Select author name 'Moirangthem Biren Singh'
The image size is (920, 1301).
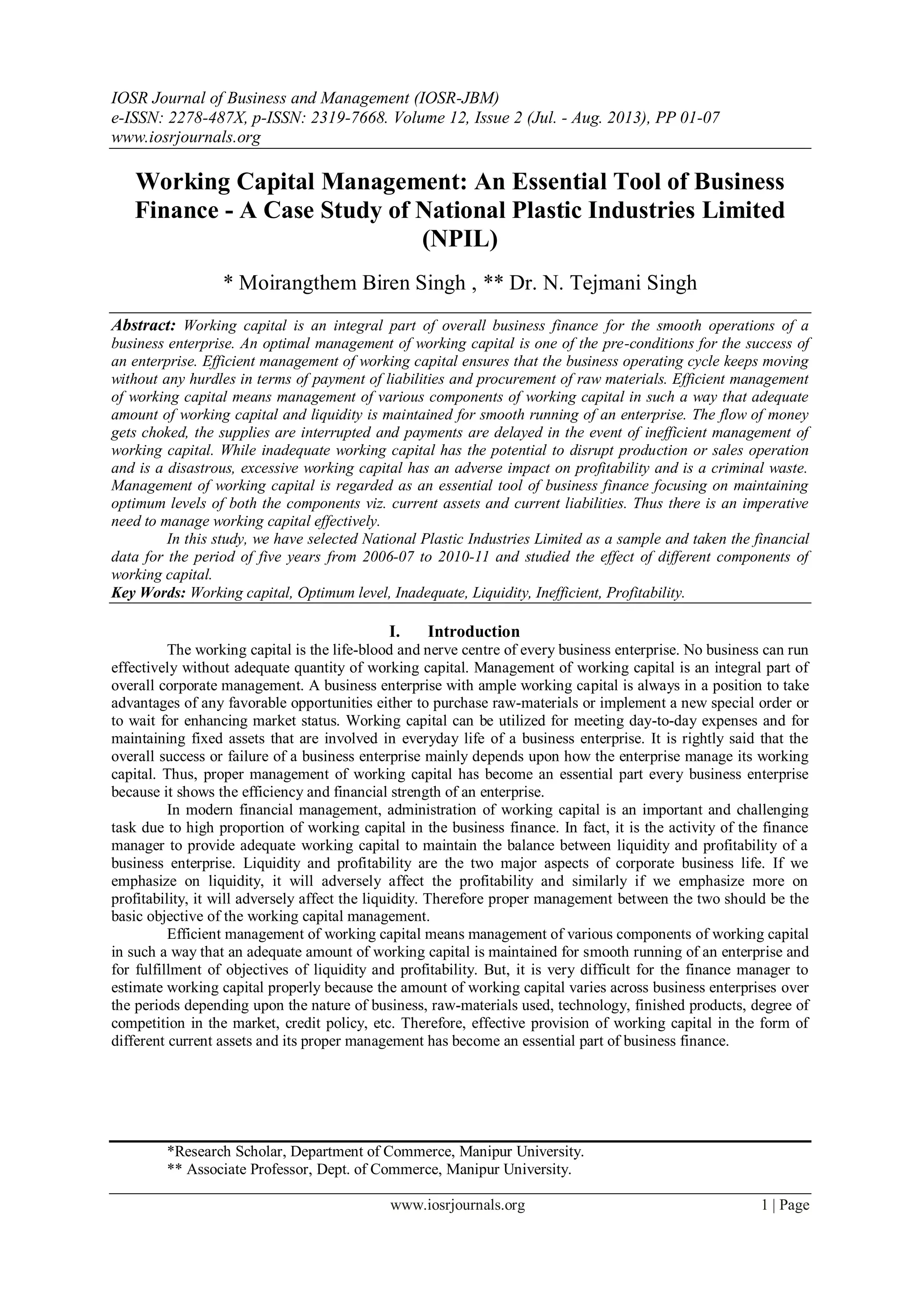[x=351, y=282]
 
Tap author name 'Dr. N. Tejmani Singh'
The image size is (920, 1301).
[x=603, y=282]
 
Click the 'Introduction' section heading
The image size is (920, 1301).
[x=473, y=631]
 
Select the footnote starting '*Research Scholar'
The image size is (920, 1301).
[x=375, y=1152]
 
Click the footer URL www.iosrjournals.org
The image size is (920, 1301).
[x=458, y=1205]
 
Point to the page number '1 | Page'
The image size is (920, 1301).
[x=786, y=1205]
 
